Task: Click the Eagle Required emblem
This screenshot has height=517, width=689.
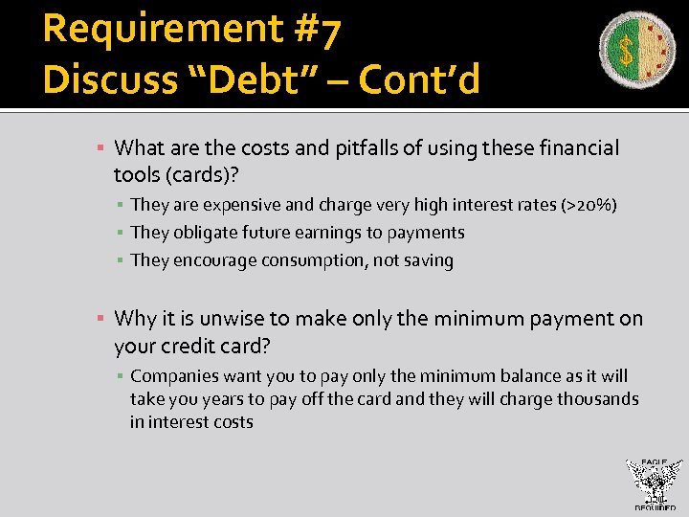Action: click(655, 484)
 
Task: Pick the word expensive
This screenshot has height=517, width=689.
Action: click(240, 204)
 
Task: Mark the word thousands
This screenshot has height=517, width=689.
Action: click(593, 399)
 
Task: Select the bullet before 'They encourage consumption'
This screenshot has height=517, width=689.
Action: click(121, 260)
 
